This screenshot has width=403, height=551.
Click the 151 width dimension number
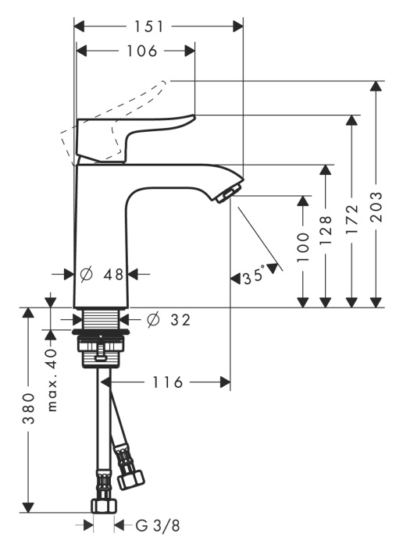(x=148, y=27)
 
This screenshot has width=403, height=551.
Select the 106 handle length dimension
(x=141, y=52)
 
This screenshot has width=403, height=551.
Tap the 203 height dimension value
(x=376, y=207)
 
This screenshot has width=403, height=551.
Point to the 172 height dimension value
(x=351, y=219)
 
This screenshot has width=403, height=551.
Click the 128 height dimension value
(x=326, y=230)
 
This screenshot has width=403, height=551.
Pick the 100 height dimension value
(x=303, y=247)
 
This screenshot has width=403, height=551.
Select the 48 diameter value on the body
(x=113, y=275)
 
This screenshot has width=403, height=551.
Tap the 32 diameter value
(x=180, y=320)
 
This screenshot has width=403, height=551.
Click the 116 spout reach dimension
(x=167, y=382)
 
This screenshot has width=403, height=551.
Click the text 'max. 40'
(x=52, y=380)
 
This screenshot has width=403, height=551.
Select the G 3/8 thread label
(x=158, y=526)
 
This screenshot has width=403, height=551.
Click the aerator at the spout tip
(x=225, y=196)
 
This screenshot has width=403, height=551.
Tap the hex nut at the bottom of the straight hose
(x=104, y=505)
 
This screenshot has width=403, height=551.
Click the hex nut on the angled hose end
(x=130, y=480)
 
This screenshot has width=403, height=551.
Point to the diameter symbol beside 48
(x=86, y=274)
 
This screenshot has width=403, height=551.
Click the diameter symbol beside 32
(x=154, y=320)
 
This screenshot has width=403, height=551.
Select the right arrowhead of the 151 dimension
(x=238, y=27)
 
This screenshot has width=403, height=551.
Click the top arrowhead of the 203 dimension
(x=376, y=87)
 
